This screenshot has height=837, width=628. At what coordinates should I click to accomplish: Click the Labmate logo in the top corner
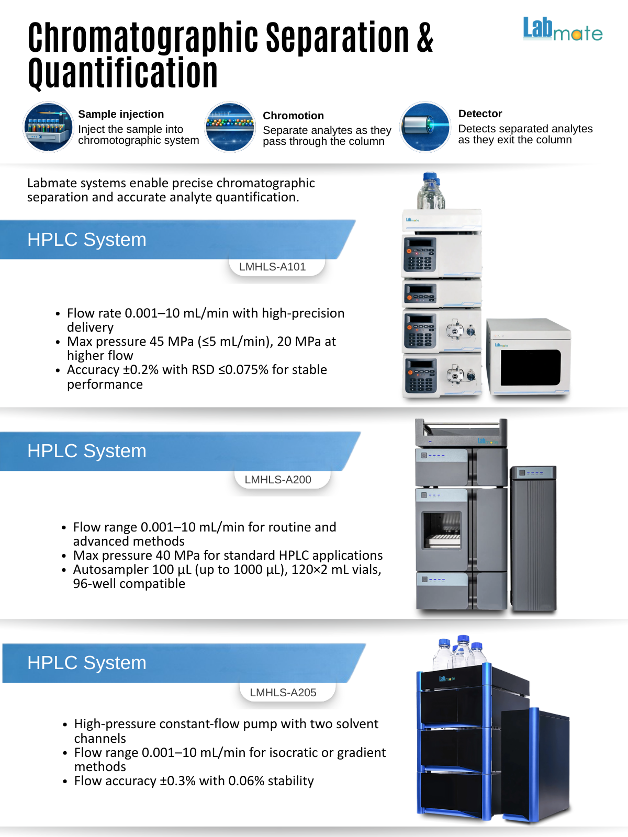point(563,30)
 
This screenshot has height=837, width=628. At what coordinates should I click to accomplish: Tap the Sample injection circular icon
point(48,127)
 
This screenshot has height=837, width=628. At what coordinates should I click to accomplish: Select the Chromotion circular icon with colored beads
point(230,127)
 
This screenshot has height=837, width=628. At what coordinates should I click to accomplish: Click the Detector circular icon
point(425,127)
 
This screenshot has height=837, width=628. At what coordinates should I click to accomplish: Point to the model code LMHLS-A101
point(272,267)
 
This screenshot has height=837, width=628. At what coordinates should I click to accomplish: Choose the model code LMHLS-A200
point(278,480)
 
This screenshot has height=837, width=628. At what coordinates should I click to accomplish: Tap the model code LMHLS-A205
point(283,693)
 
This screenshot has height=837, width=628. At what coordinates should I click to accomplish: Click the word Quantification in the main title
point(123,73)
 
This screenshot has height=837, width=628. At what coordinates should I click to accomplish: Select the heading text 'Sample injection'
point(121,114)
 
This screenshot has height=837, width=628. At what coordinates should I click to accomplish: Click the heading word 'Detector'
point(480,114)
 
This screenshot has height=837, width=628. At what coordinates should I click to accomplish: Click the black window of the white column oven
point(530,367)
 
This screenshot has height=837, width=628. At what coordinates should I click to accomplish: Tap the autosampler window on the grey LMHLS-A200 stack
point(442,529)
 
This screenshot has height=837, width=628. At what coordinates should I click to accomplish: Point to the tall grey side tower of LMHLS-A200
point(533,539)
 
